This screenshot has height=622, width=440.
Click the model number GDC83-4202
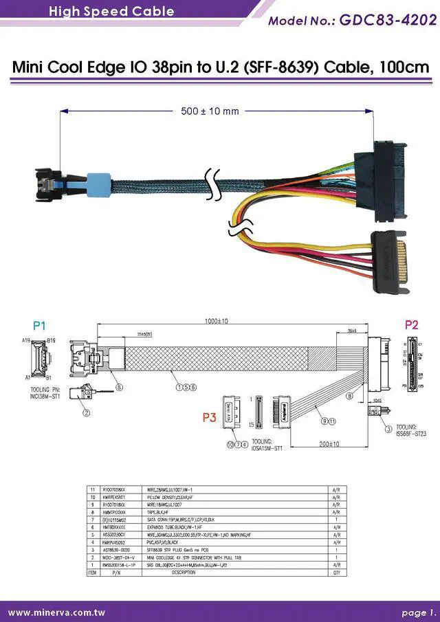point(388,20)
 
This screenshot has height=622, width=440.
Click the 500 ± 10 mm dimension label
point(210,111)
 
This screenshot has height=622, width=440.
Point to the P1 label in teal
point(39,325)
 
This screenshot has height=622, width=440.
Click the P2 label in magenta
point(410,325)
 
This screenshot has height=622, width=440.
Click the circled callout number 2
point(87,413)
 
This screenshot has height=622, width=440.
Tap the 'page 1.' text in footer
point(419,612)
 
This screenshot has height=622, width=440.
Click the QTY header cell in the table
point(336,572)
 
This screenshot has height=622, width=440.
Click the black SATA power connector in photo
point(391,257)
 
